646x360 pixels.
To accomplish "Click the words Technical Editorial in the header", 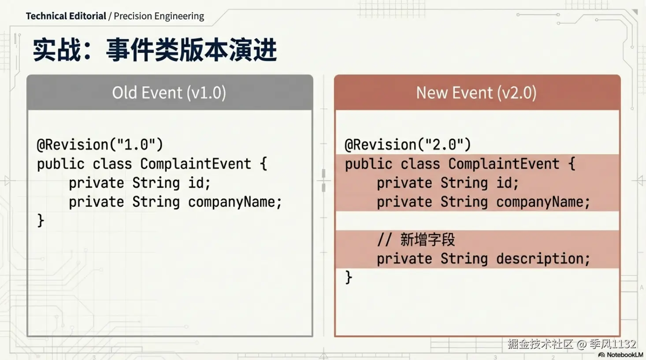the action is [66, 16].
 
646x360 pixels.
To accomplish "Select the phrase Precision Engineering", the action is [159, 16].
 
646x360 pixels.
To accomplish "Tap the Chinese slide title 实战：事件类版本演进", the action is [155, 50].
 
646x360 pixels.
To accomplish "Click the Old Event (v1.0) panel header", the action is [169, 93].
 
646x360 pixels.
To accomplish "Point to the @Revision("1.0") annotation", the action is [100, 144].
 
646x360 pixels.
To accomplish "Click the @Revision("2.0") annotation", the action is [408, 144].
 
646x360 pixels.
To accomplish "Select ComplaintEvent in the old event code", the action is [196, 164].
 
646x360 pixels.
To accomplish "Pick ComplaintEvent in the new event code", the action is [504, 164].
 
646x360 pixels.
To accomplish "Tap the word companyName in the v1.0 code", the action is [232, 202].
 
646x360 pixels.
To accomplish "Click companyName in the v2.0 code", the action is [540, 202].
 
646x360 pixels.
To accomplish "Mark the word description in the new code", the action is [540, 259].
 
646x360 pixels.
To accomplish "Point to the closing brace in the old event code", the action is [41, 221].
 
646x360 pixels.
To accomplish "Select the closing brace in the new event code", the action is [349, 278].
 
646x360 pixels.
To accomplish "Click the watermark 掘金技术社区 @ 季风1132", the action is [572, 344].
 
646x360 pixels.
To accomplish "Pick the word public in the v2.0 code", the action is [368, 164].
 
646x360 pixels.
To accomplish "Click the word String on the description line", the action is [464, 259].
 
